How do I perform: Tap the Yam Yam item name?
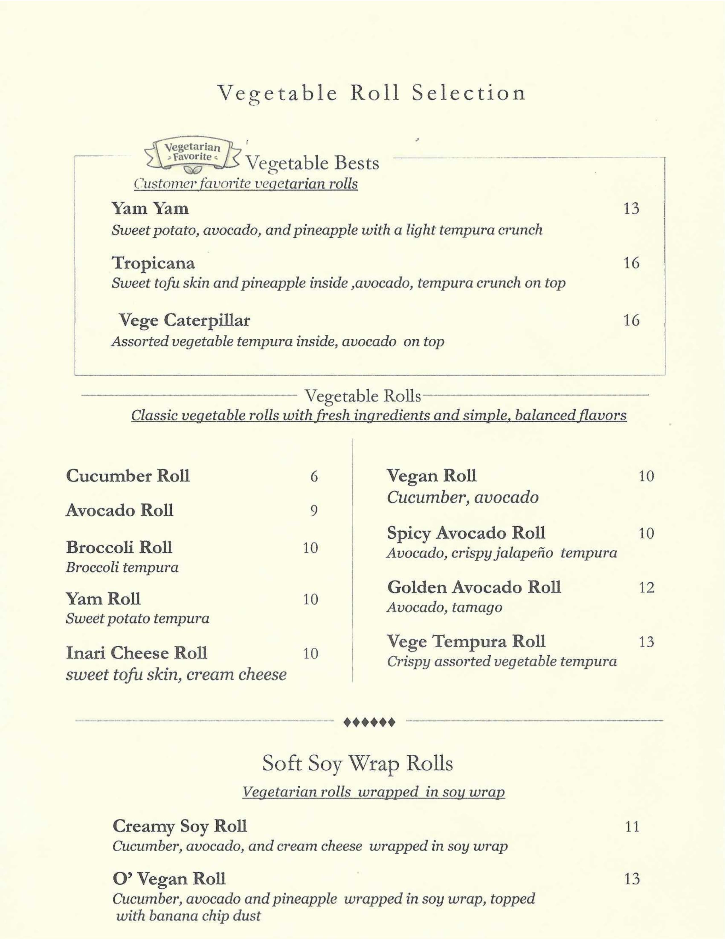[150, 209]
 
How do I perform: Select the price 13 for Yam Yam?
[631, 209]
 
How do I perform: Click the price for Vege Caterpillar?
[631, 320]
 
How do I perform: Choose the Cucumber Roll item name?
[128, 476]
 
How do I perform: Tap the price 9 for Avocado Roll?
[314, 511]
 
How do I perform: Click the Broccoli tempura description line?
[122, 568]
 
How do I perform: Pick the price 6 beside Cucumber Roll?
[314, 476]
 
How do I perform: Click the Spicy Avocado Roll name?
[466, 533]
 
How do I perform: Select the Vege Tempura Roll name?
[466, 641]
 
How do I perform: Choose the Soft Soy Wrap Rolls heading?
[357, 764]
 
